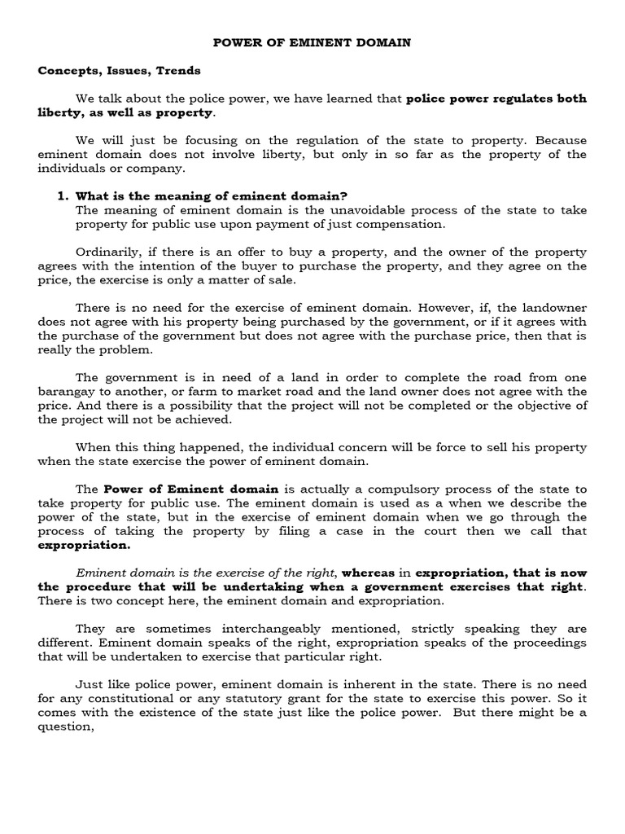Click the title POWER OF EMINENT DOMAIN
click(312, 42)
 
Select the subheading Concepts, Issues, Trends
click(119, 70)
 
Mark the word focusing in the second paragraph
click(179, 140)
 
